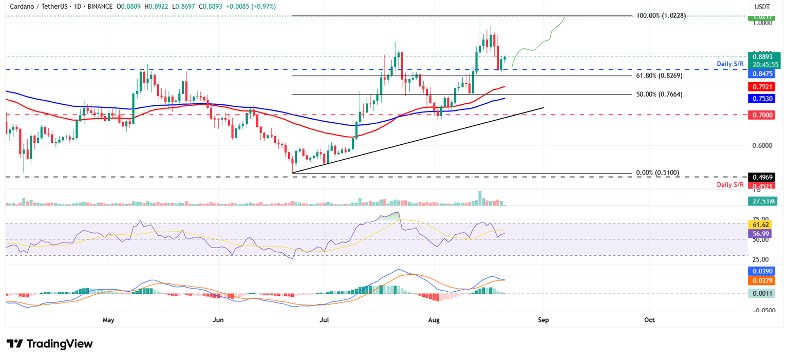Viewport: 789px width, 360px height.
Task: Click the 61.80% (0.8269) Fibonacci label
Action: click(x=659, y=75)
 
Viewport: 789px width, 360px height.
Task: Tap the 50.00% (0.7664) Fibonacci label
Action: click(x=659, y=94)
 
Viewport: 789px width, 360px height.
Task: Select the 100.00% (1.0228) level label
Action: click(x=661, y=16)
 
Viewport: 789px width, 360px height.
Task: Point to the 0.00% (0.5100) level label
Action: click(x=657, y=173)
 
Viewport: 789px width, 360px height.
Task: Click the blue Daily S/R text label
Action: click(x=730, y=64)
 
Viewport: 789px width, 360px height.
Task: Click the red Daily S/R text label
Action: click(x=730, y=184)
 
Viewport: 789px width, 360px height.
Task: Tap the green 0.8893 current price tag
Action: click(x=763, y=56)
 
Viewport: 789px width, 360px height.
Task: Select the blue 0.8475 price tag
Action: click(x=763, y=74)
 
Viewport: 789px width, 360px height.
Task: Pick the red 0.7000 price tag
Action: click(x=763, y=116)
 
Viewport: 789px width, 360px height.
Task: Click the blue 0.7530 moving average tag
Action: click(x=763, y=98)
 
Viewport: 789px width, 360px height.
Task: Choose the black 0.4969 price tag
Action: click(x=763, y=177)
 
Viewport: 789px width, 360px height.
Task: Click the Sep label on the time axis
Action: click(x=543, y=320)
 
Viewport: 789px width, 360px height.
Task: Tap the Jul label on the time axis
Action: click(x=324, y=320)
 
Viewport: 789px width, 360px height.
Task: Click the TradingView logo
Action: click(x=50, y=344)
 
